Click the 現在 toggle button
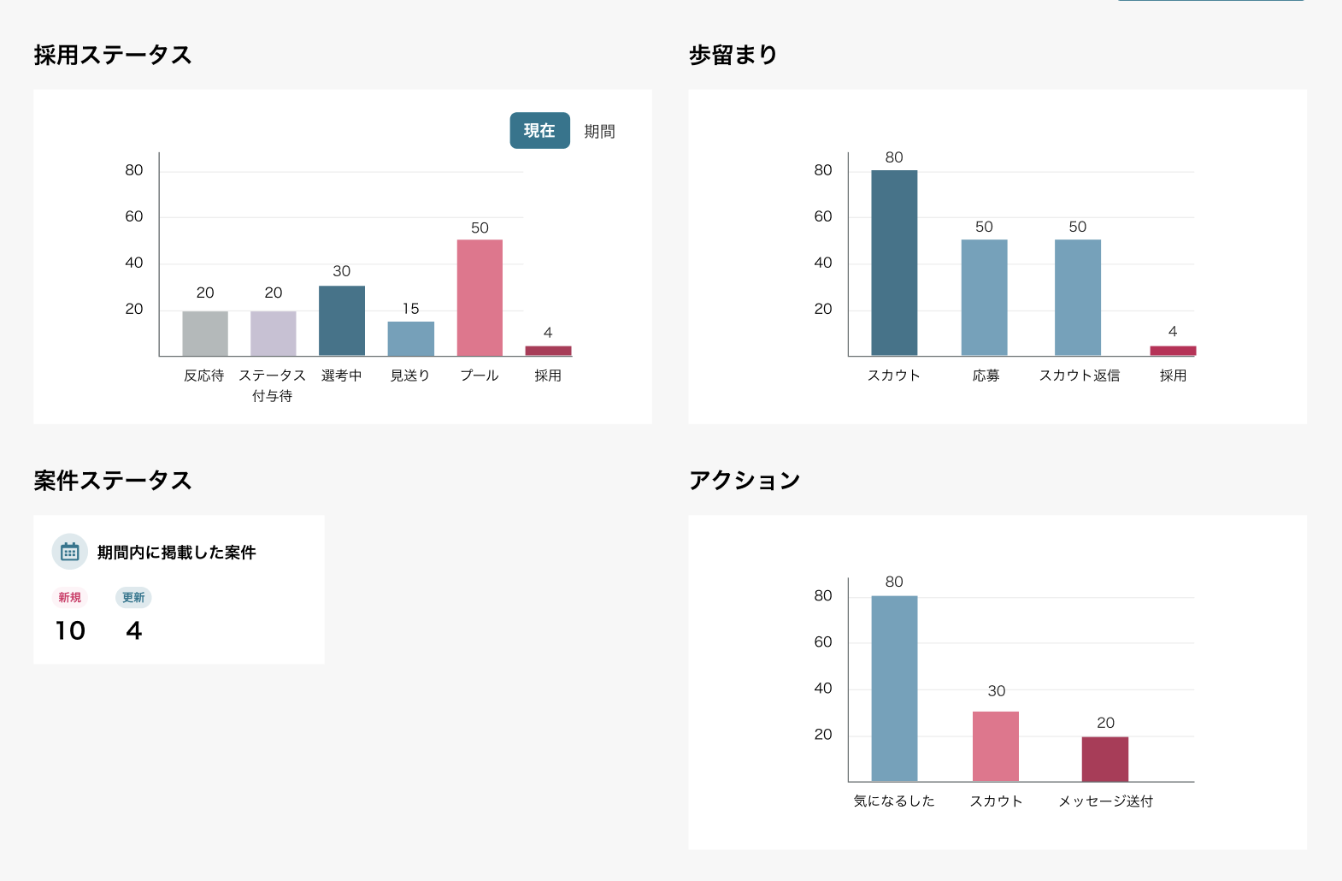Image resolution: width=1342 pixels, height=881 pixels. (x=539, y=131)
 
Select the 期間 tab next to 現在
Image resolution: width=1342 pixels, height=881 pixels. (x=599, y=132)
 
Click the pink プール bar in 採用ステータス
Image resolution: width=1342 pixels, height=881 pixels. (x=480, y=298)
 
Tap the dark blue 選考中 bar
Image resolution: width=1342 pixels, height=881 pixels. (x=342, y=321)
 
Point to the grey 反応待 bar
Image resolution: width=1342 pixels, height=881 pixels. (x=205, y=334)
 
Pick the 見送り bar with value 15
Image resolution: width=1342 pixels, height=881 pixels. (x=411, y=339)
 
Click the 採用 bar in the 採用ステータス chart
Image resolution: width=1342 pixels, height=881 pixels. (x=548, y=351)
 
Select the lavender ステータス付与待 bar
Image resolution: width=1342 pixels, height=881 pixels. (x=274, y=334)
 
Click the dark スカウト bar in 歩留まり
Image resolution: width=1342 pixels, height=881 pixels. (x=894, y=263)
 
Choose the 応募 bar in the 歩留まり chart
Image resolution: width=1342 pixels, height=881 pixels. (x=984, y=298)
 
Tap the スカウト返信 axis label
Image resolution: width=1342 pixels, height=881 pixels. (x=1079, y=375)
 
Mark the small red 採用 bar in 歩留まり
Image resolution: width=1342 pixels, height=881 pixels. (x=1173, y=351)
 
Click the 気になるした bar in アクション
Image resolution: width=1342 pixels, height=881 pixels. (x=894, y=689)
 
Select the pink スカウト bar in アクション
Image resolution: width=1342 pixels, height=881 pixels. (x=996, y=746)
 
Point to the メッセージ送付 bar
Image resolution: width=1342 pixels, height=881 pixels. (x=1105, y=759)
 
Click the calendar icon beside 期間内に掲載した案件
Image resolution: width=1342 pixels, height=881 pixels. (x=70, y=552)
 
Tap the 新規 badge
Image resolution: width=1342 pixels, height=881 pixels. (x=70, y=597)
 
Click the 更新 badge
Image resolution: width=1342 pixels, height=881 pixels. (x=133, y=597)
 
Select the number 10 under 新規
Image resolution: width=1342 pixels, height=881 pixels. (x=70, y=631)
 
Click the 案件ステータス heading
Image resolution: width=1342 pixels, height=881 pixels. (x=113, y=481)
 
